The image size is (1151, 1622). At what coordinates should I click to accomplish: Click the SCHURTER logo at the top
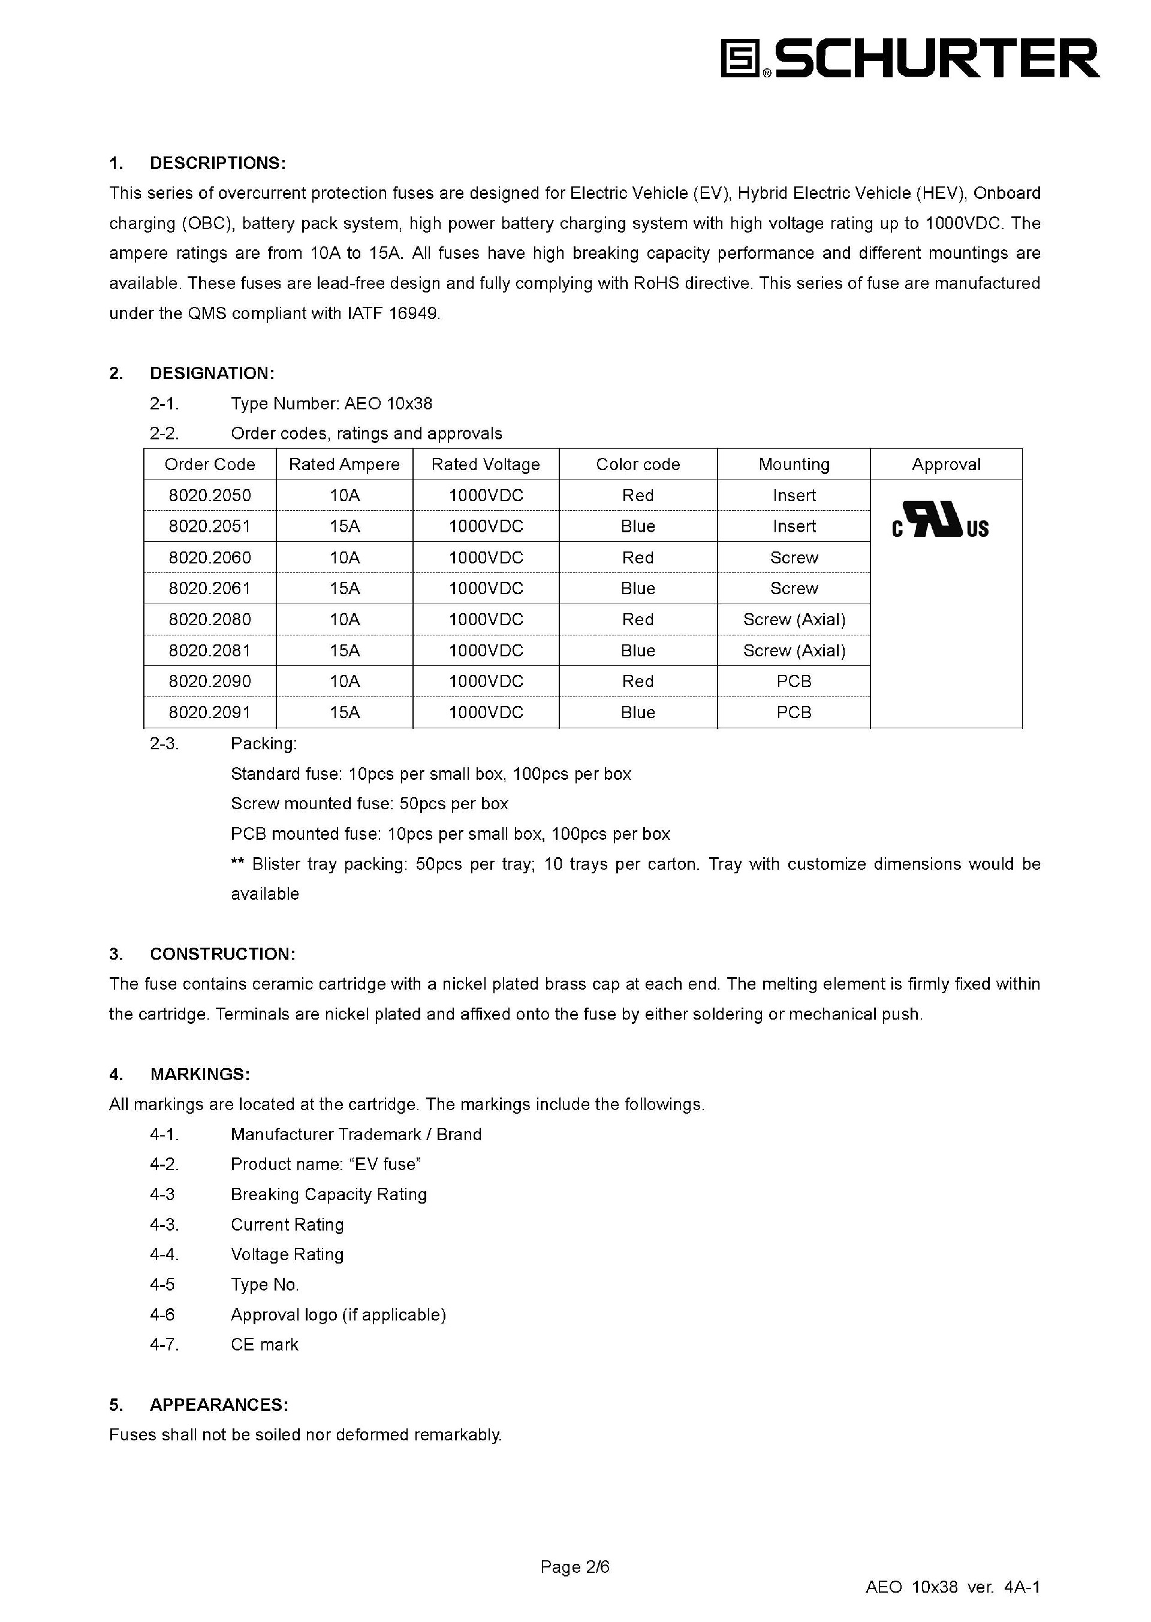point(909,58)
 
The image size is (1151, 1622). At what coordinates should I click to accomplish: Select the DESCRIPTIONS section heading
point(218,163)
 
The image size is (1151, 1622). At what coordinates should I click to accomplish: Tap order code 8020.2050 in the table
point(210,495)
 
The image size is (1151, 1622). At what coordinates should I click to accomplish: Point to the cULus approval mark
point(940,521)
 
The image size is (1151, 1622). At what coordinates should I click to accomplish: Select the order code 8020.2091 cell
point(210,712)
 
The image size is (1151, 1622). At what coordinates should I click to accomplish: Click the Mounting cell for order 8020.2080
point(794,619)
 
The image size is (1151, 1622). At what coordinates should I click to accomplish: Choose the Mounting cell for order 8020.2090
point(794,681)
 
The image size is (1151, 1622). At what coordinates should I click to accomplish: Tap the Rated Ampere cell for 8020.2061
point(345,588)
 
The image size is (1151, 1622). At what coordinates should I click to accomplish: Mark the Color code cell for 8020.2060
point(638,557)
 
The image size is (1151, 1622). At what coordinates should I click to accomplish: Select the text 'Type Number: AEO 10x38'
point(331,403)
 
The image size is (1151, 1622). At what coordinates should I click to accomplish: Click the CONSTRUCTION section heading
point(222,954)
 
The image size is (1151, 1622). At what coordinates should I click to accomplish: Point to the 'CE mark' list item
point(264,1344)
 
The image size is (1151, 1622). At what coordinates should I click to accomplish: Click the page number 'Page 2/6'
point(575,1567)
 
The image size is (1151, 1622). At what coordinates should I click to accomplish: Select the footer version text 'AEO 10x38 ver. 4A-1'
point(953,1587)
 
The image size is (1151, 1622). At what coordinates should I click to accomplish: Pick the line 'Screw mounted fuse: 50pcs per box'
point(369,804)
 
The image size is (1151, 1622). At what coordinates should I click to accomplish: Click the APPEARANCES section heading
point(219,1404)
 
